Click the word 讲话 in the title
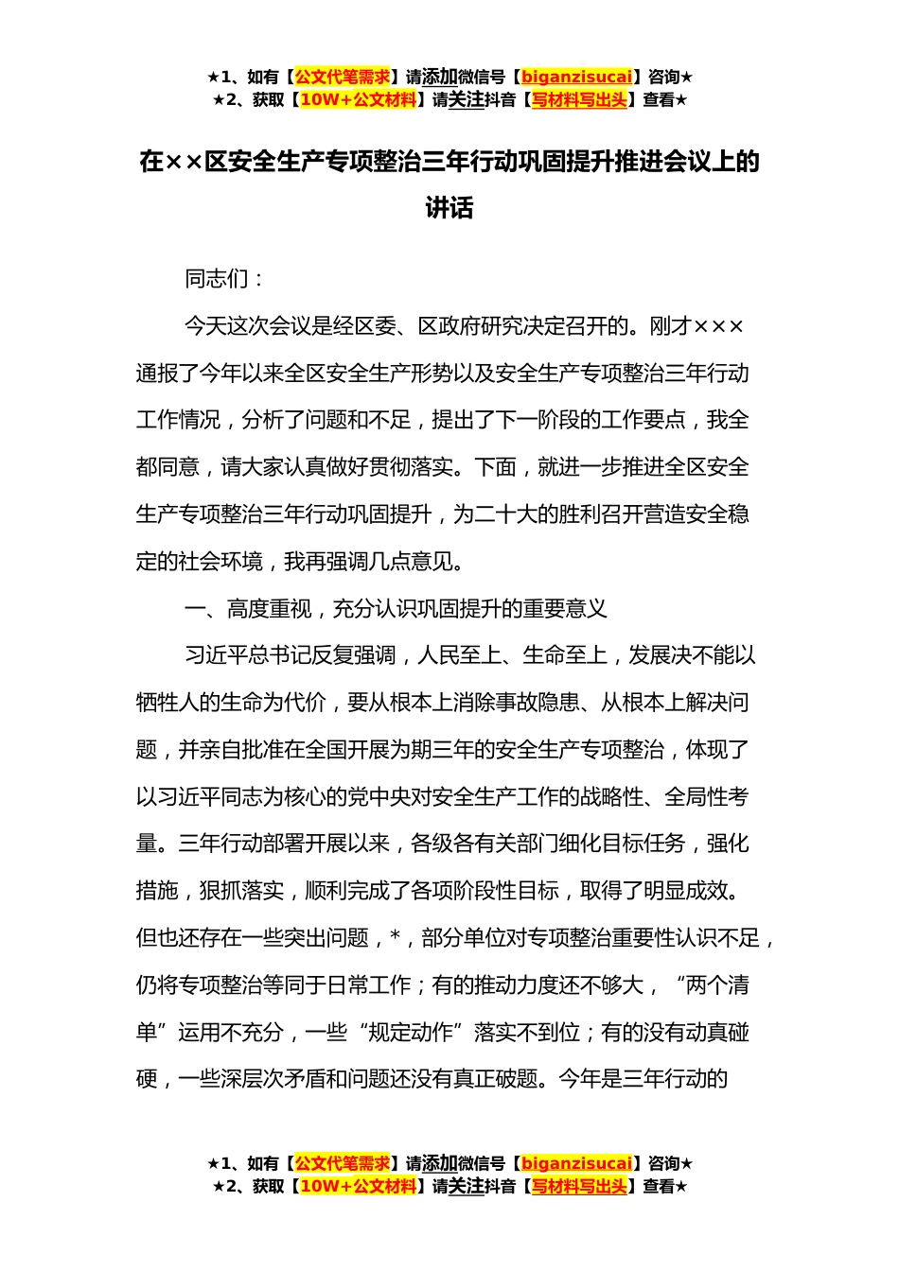(x=449, y=208)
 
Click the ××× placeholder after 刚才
(x=719, y=326)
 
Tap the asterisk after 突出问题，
(x=396, y=938)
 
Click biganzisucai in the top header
(x=576, y=78)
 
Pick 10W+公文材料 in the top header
(x=358, y=100)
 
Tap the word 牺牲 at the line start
(x=157, y=703)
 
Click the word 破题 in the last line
(x=517, y=1079)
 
